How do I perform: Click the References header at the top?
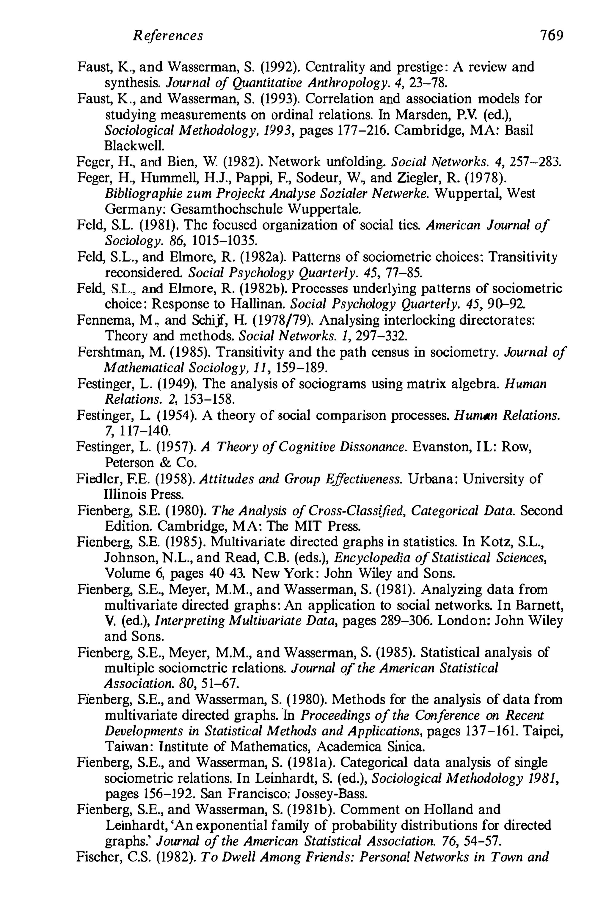(168, 36)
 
